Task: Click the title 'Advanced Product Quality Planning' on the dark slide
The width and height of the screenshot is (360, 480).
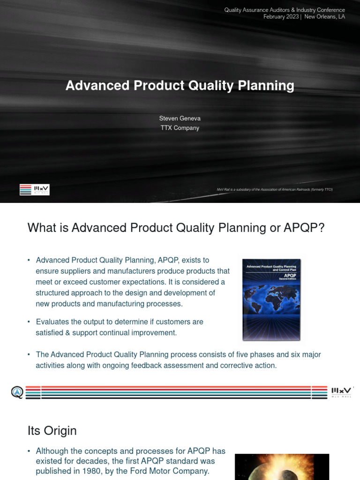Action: coord(180,86)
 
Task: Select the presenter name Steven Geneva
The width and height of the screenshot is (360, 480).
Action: coord(180,119)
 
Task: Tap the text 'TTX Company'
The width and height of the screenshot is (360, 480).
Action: coord(180,128)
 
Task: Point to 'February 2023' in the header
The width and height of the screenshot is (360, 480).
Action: coord(281,17)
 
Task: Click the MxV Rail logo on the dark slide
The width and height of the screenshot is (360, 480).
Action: coord(34,190)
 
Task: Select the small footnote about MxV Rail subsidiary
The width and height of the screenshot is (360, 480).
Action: coord(274,189)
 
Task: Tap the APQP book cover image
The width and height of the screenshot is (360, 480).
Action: coord(271,300)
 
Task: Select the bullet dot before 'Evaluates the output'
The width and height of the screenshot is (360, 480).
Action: coord(29,322)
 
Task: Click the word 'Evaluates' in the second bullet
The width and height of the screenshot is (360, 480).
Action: coord(52,322)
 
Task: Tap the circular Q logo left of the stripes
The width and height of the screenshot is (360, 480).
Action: coord(17,392)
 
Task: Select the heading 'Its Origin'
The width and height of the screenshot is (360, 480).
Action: coord(52,430)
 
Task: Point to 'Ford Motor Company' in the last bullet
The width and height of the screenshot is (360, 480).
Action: coord(174,471)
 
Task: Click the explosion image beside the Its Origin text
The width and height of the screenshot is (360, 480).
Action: coord(282,467)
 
